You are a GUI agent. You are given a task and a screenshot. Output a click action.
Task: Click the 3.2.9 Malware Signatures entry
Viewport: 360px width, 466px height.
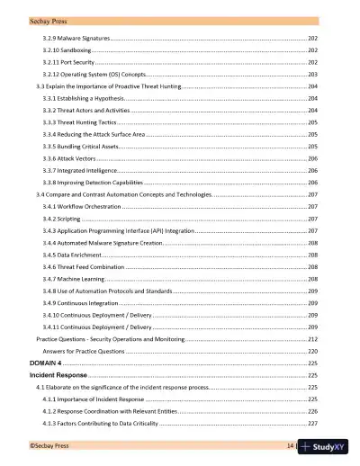[77, 40]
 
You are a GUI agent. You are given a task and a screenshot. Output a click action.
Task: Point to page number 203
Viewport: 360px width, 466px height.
[312, 75]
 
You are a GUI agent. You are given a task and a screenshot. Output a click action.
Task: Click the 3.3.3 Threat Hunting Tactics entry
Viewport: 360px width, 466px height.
[80, 121]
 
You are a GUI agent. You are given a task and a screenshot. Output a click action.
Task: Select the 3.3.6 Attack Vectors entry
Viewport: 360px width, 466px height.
[71, 157]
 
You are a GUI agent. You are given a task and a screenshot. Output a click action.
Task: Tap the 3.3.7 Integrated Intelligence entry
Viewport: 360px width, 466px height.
[80, 169]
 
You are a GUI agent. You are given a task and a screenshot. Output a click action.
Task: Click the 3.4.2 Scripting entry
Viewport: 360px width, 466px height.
[63, 218]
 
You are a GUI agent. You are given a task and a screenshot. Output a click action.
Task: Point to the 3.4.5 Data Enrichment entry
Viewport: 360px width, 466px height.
[73, 255]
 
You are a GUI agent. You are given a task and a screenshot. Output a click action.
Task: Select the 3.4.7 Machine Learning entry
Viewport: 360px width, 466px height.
[75, 279]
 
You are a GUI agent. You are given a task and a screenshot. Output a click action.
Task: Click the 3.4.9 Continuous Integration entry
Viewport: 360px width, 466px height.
[82, 303]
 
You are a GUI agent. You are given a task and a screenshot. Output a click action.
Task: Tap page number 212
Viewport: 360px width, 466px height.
[312, 340]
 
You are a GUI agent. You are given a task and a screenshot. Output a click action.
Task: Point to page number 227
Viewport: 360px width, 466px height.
[312, 422]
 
